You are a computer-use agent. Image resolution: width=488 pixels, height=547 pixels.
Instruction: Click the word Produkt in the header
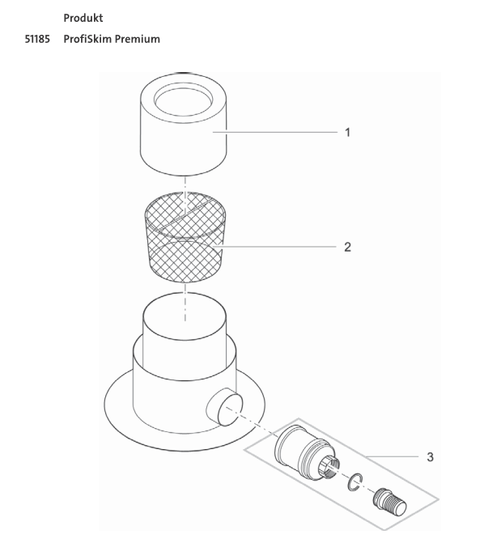[x=83, y=18]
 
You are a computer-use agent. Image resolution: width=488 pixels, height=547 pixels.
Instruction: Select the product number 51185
[x=37, y=39]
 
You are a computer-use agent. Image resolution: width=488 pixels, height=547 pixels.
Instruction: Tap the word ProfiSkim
[x=87, y=39]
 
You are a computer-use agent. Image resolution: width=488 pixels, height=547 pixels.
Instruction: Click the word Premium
[x=138, y=39]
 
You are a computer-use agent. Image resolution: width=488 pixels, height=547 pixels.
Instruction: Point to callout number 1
[x=347, y=132]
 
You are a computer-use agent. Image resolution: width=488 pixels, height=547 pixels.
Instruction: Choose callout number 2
[x=347, y=247]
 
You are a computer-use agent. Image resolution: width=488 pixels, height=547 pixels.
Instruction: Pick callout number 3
[x=430, y=456]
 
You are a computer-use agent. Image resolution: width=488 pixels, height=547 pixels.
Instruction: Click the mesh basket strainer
[x=185, y=237]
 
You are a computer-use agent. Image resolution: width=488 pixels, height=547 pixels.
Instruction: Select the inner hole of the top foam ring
[x=184, y=100]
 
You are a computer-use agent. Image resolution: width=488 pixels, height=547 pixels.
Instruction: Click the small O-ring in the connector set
[x=355, y=481]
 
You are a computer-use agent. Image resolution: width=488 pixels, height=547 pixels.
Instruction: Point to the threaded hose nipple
[x=389, y=502]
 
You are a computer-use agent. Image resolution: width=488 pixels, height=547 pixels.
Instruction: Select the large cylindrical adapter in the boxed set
[x=307, y=452]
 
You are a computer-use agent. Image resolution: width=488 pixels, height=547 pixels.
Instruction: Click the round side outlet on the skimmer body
[x=225, y=407]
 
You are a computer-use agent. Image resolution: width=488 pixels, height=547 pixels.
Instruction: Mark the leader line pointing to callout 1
[x=275, y=132]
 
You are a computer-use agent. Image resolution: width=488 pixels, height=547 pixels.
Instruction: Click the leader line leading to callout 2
[x=275, y=247]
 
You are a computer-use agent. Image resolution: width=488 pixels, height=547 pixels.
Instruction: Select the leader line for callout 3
[x=392, y=456]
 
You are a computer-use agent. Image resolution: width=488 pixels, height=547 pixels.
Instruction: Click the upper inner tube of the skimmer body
[x=185, y=335]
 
